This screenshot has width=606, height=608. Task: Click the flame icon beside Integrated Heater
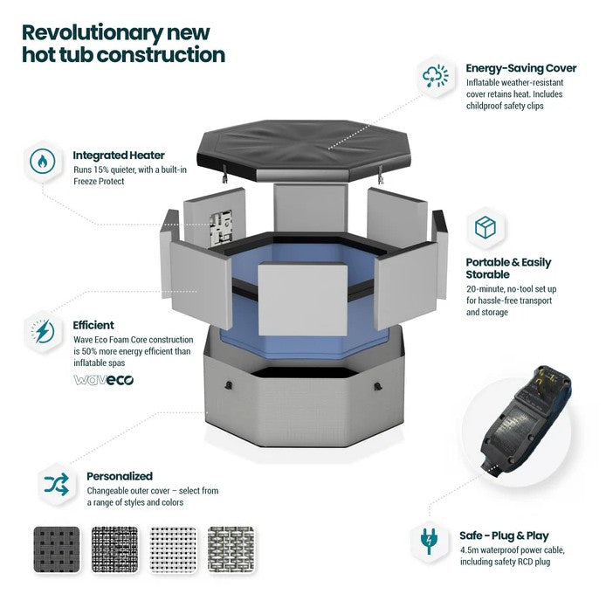[42, 161]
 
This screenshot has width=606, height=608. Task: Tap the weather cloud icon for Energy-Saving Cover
[436, 76]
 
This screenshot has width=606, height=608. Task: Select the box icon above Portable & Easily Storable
[485, 227]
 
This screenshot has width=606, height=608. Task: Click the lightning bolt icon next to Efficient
[42, 332]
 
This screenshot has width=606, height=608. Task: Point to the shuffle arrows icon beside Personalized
[57, 484]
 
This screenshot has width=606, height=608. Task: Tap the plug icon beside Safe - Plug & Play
[429, 541]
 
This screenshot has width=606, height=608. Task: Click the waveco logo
[104, 380]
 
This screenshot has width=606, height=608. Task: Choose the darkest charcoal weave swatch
[57, 549]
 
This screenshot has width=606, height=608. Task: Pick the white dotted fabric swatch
[173, 549]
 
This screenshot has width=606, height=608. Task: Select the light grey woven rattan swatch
[231, 549]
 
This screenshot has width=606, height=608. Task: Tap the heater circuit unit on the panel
[221, 229]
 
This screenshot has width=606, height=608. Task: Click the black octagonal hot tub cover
[302, 149]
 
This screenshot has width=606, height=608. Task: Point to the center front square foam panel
[302, 300]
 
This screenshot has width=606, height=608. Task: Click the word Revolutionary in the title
[93, 34]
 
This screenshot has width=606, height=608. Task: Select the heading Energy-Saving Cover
[521, 68]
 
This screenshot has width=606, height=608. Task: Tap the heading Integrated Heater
[119, 155]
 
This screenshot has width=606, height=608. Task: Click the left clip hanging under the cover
[224, 173]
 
